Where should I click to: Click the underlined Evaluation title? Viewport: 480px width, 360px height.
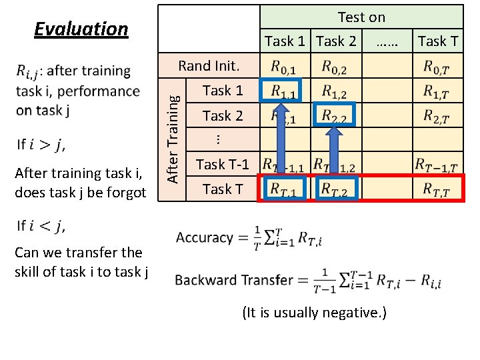point(81,29)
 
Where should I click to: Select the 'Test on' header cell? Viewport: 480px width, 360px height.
point(361,17)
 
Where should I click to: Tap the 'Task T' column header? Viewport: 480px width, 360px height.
point(437,41)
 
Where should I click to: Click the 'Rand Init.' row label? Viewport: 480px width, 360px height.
point(209,66)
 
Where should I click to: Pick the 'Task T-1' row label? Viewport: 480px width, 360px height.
point(222,164)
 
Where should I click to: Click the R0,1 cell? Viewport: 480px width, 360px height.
point(285,67)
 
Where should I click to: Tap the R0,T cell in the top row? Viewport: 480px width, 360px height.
point(437,67)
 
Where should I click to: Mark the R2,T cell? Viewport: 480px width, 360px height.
point(437,116)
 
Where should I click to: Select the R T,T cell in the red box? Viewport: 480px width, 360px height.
point(437,189)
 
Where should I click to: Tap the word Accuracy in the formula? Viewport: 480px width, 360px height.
point(205,238)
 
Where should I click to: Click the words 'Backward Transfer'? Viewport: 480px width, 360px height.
point(234,280)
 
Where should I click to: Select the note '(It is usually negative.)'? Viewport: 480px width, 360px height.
point(314,313)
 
